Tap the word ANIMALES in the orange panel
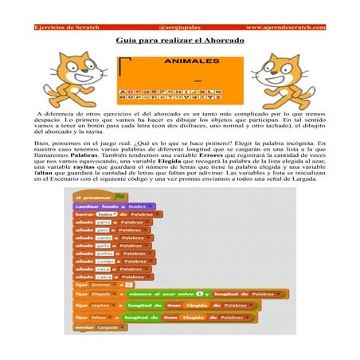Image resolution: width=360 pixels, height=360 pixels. [191, 61]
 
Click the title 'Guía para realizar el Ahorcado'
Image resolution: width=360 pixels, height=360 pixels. [180, 39]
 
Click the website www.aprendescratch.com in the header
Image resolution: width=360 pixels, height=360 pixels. [286, 27]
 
